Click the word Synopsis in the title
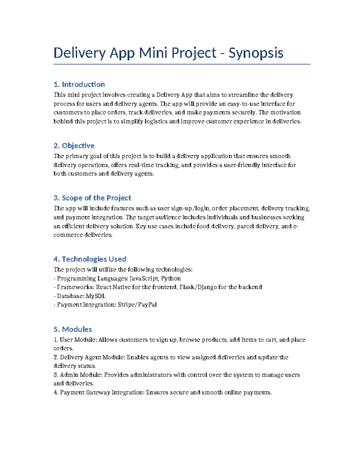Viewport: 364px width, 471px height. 256,53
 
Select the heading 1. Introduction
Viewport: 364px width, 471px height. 79,84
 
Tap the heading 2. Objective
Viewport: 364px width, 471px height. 74,146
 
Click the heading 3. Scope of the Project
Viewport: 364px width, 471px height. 92,198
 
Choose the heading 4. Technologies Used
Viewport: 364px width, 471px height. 90,259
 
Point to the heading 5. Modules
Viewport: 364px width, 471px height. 73,329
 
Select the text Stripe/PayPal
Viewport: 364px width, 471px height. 137,304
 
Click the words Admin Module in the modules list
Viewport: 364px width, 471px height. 78,375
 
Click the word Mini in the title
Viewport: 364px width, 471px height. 153,53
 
